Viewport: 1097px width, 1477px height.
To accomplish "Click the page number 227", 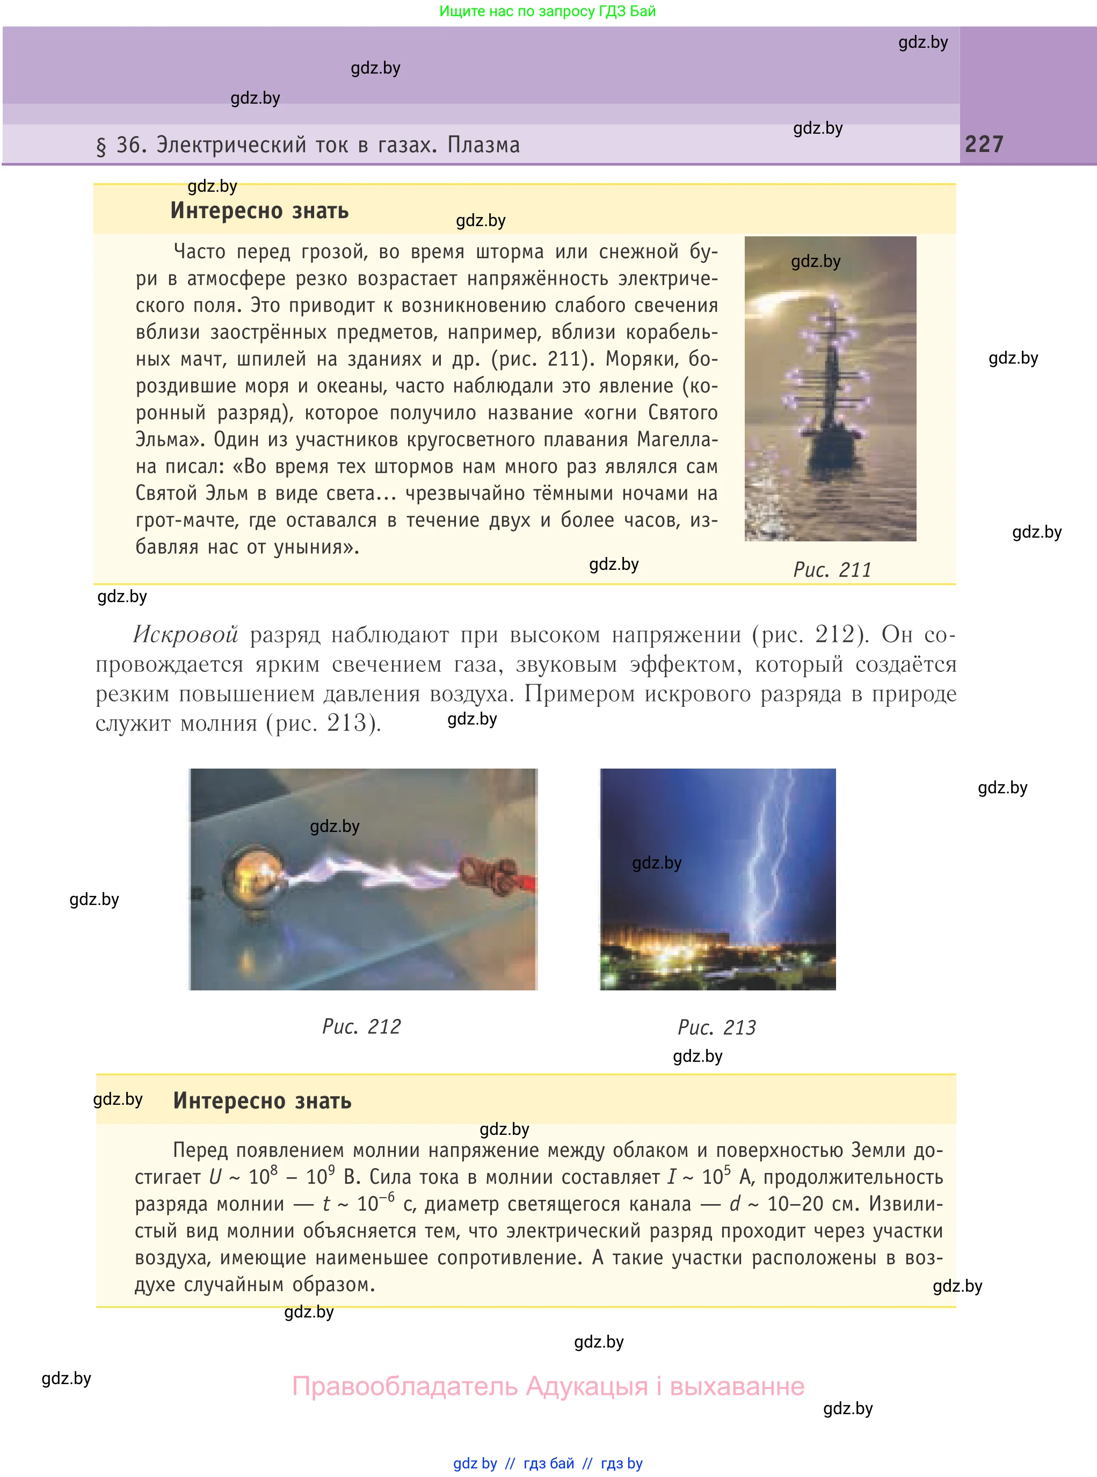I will click(984, 144).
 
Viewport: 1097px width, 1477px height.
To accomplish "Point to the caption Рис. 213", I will click(716, 1027).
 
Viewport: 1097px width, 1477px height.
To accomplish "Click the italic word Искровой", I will click(185, 635).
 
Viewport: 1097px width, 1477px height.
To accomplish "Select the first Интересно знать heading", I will click(260, 211).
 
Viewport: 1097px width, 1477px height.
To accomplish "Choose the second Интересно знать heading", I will click(262, 1100).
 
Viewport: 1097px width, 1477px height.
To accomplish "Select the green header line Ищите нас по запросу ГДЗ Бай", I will click(547, 11).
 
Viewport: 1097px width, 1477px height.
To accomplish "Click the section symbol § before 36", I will click(101, 146).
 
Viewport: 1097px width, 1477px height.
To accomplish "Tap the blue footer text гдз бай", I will click(549, 1463).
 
